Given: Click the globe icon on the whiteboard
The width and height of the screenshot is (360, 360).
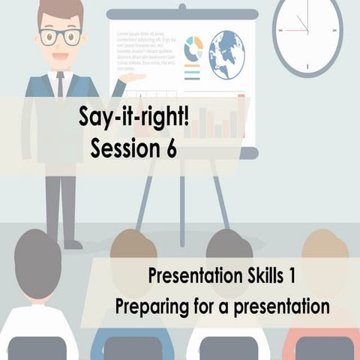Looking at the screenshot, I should point(226,55).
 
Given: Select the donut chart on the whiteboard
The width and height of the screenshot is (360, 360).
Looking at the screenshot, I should point(193,48).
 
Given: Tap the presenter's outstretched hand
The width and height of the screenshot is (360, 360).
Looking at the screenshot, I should point(133,77).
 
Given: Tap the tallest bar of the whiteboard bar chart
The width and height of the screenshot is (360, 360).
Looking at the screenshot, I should point(241,116).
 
